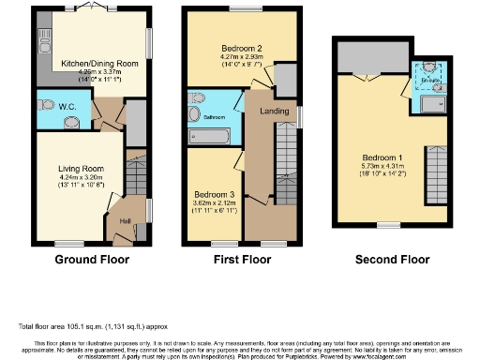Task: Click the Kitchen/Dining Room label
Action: pos(100,65)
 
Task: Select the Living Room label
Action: pos(80,169)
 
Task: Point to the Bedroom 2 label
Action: pos(240,48)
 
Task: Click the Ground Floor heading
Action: pos(92,259)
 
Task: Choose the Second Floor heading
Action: pos(392,259)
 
